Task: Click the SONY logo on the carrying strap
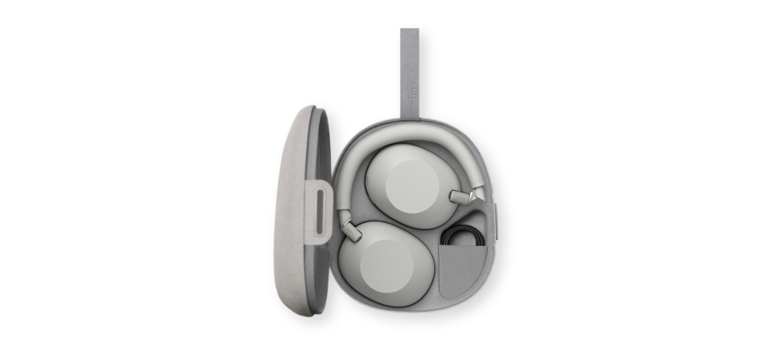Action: (413, 94)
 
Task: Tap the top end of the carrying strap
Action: (410, 29)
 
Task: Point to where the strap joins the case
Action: (410, 119)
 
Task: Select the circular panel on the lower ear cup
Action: (387, 265)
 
